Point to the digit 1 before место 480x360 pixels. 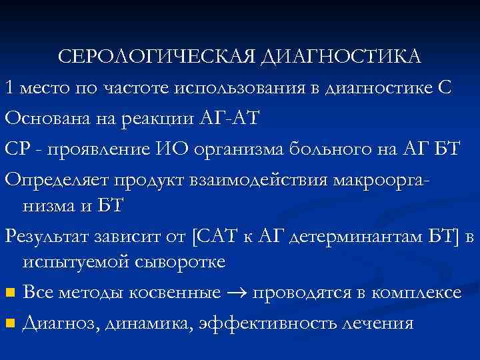[x=9, y=87]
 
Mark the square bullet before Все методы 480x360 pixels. [x=9, y=293]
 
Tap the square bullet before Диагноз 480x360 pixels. [x=9, y=323]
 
